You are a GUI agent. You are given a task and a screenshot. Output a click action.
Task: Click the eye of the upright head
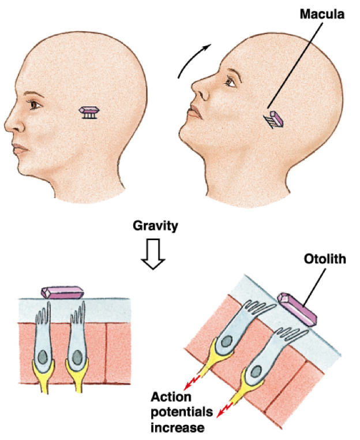36,106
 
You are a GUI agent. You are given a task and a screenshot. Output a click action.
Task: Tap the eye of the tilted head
230,82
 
